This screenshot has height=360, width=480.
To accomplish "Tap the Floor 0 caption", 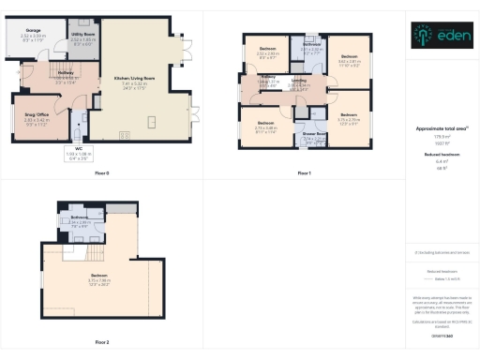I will pos(101,173).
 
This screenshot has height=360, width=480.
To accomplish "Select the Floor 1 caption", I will pos(304,173).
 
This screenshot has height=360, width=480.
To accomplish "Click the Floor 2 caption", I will pos(101,343).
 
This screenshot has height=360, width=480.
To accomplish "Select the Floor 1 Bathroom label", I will pos(312,44).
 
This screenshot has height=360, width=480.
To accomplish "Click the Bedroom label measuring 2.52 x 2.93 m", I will pos(267,49).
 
